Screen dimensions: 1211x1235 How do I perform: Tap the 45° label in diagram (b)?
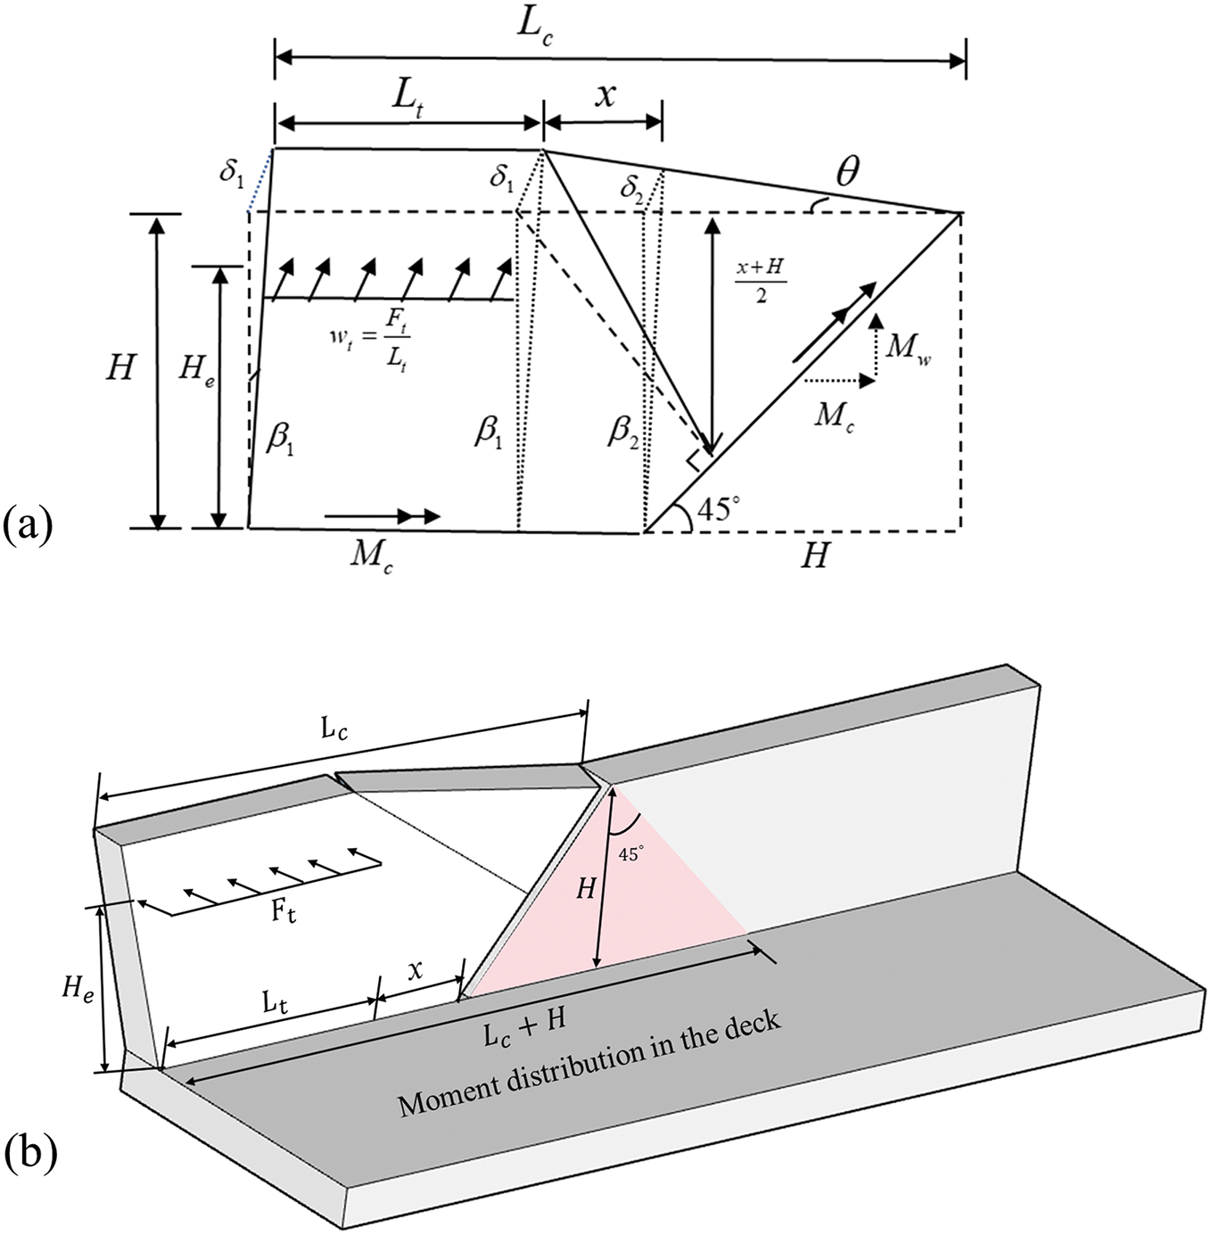coord(630,853)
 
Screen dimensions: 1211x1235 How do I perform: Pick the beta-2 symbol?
coord(623,434)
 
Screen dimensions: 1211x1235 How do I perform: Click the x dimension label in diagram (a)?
coord(604,96)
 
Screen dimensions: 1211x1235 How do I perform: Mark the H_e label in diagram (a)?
coord(196,375)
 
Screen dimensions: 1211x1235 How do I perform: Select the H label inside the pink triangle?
coord(585,889)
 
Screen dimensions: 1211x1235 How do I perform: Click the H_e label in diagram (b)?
coord(78,990)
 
